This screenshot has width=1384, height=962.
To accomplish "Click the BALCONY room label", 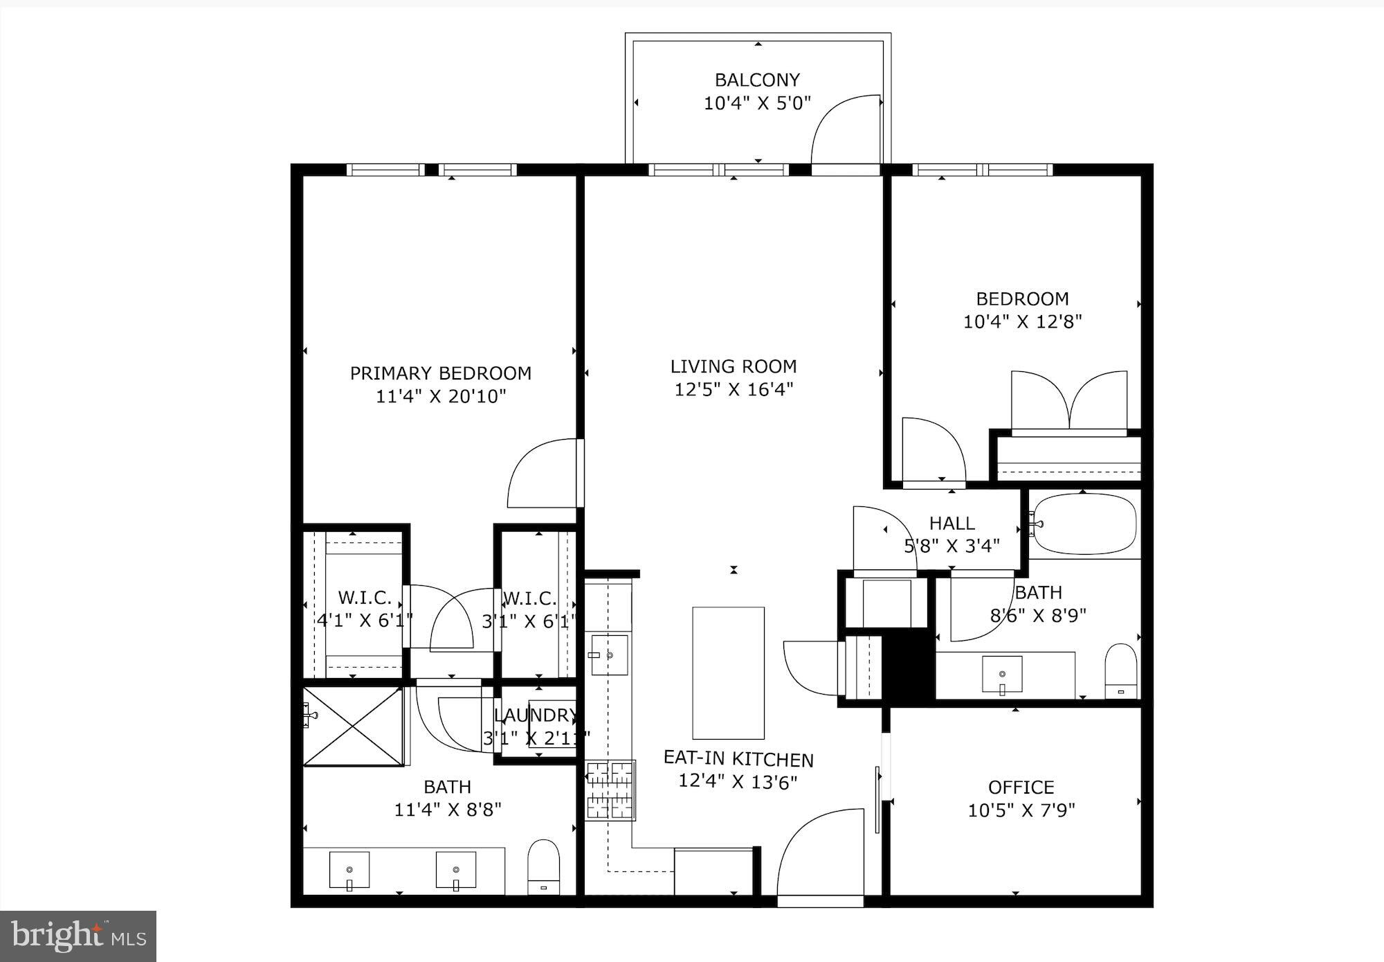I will (x=757, y=80).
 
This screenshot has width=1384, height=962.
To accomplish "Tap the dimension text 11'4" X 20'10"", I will (x=441, y=397).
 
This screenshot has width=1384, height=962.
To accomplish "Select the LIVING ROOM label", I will (x=734, y=366).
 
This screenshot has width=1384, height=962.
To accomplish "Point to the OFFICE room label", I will (x=1021, y=787).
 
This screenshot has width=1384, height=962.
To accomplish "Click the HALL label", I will (x=952, y=524).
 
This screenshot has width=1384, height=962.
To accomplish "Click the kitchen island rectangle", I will (x=728, y=672).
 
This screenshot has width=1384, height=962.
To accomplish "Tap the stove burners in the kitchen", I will (x=610, y=790).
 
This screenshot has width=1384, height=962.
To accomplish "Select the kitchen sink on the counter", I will (x=609, y=654).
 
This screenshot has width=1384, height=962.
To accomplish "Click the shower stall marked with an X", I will (x=353, y=727).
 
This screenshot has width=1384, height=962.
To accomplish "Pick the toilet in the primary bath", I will (x=543, y=866).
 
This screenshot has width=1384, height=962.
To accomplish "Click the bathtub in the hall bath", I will (x=1084, y=524).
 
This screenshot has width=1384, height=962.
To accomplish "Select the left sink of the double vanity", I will (x=349, y=870).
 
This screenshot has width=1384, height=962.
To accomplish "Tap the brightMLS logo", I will (x=78, y=936).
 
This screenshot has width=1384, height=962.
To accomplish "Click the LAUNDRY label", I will (x=535, y=715).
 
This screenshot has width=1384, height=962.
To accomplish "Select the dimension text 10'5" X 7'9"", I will (x=1021, y=810).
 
